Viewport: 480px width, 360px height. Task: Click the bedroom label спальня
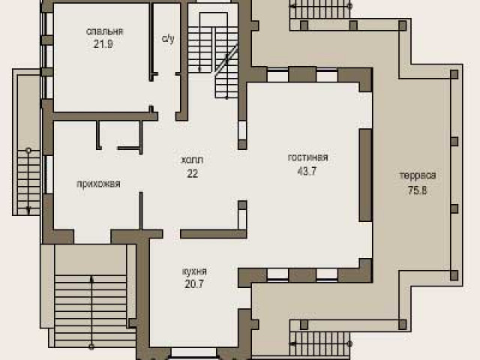click(104, 31)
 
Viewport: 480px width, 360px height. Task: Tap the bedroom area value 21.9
click(103, 44)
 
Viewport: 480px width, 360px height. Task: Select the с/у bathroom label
click(168, 39)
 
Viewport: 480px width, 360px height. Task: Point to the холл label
click(192, 160)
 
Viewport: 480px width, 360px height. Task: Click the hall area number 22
click(193, 173)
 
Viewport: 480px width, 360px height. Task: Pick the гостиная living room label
click(307, 157)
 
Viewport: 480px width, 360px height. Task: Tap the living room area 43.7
click(307, 171)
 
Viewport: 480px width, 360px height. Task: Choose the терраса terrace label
click(418, 175)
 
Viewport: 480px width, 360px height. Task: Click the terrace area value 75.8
click(418, 190)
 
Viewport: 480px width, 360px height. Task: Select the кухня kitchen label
click(194, 271)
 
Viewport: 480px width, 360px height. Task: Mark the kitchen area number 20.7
click(194, 284)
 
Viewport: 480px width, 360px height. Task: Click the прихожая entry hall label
click(98, 184)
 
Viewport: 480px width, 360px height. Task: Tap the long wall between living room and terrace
click(365, 175)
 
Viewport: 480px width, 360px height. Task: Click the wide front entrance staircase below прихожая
click(91, 311)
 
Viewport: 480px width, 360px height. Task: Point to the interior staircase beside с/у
click(213, 55)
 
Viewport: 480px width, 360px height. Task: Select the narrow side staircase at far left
click(28, 182)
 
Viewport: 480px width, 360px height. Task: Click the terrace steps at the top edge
click(320, 10)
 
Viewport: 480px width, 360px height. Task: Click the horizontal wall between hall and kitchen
click(213, 234)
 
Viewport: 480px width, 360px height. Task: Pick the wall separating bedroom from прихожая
click(106, 116)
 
